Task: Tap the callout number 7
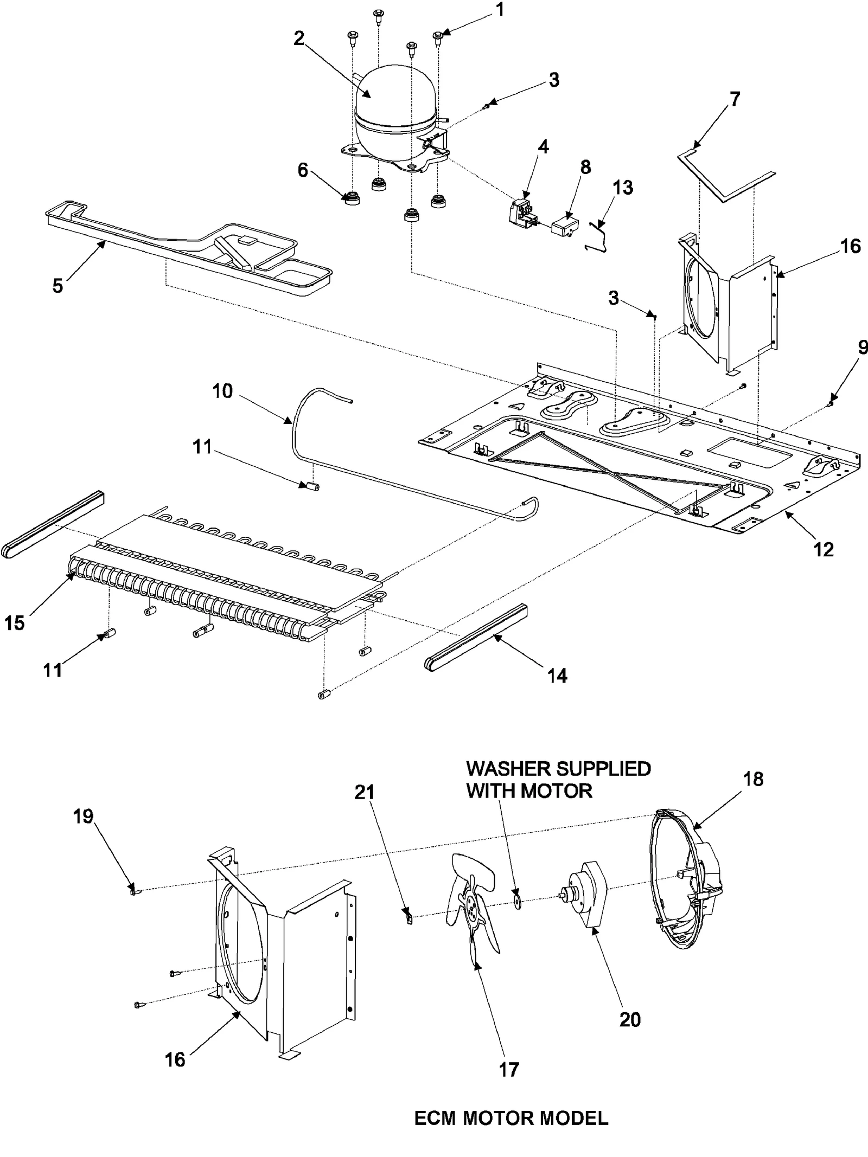tap(735, 100)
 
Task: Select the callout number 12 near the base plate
tap(824, 549)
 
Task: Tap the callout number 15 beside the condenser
tap(15, 623)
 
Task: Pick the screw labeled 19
tap(134, 891)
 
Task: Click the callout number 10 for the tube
tap(222, 390)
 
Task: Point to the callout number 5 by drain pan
tap(58, 285)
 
